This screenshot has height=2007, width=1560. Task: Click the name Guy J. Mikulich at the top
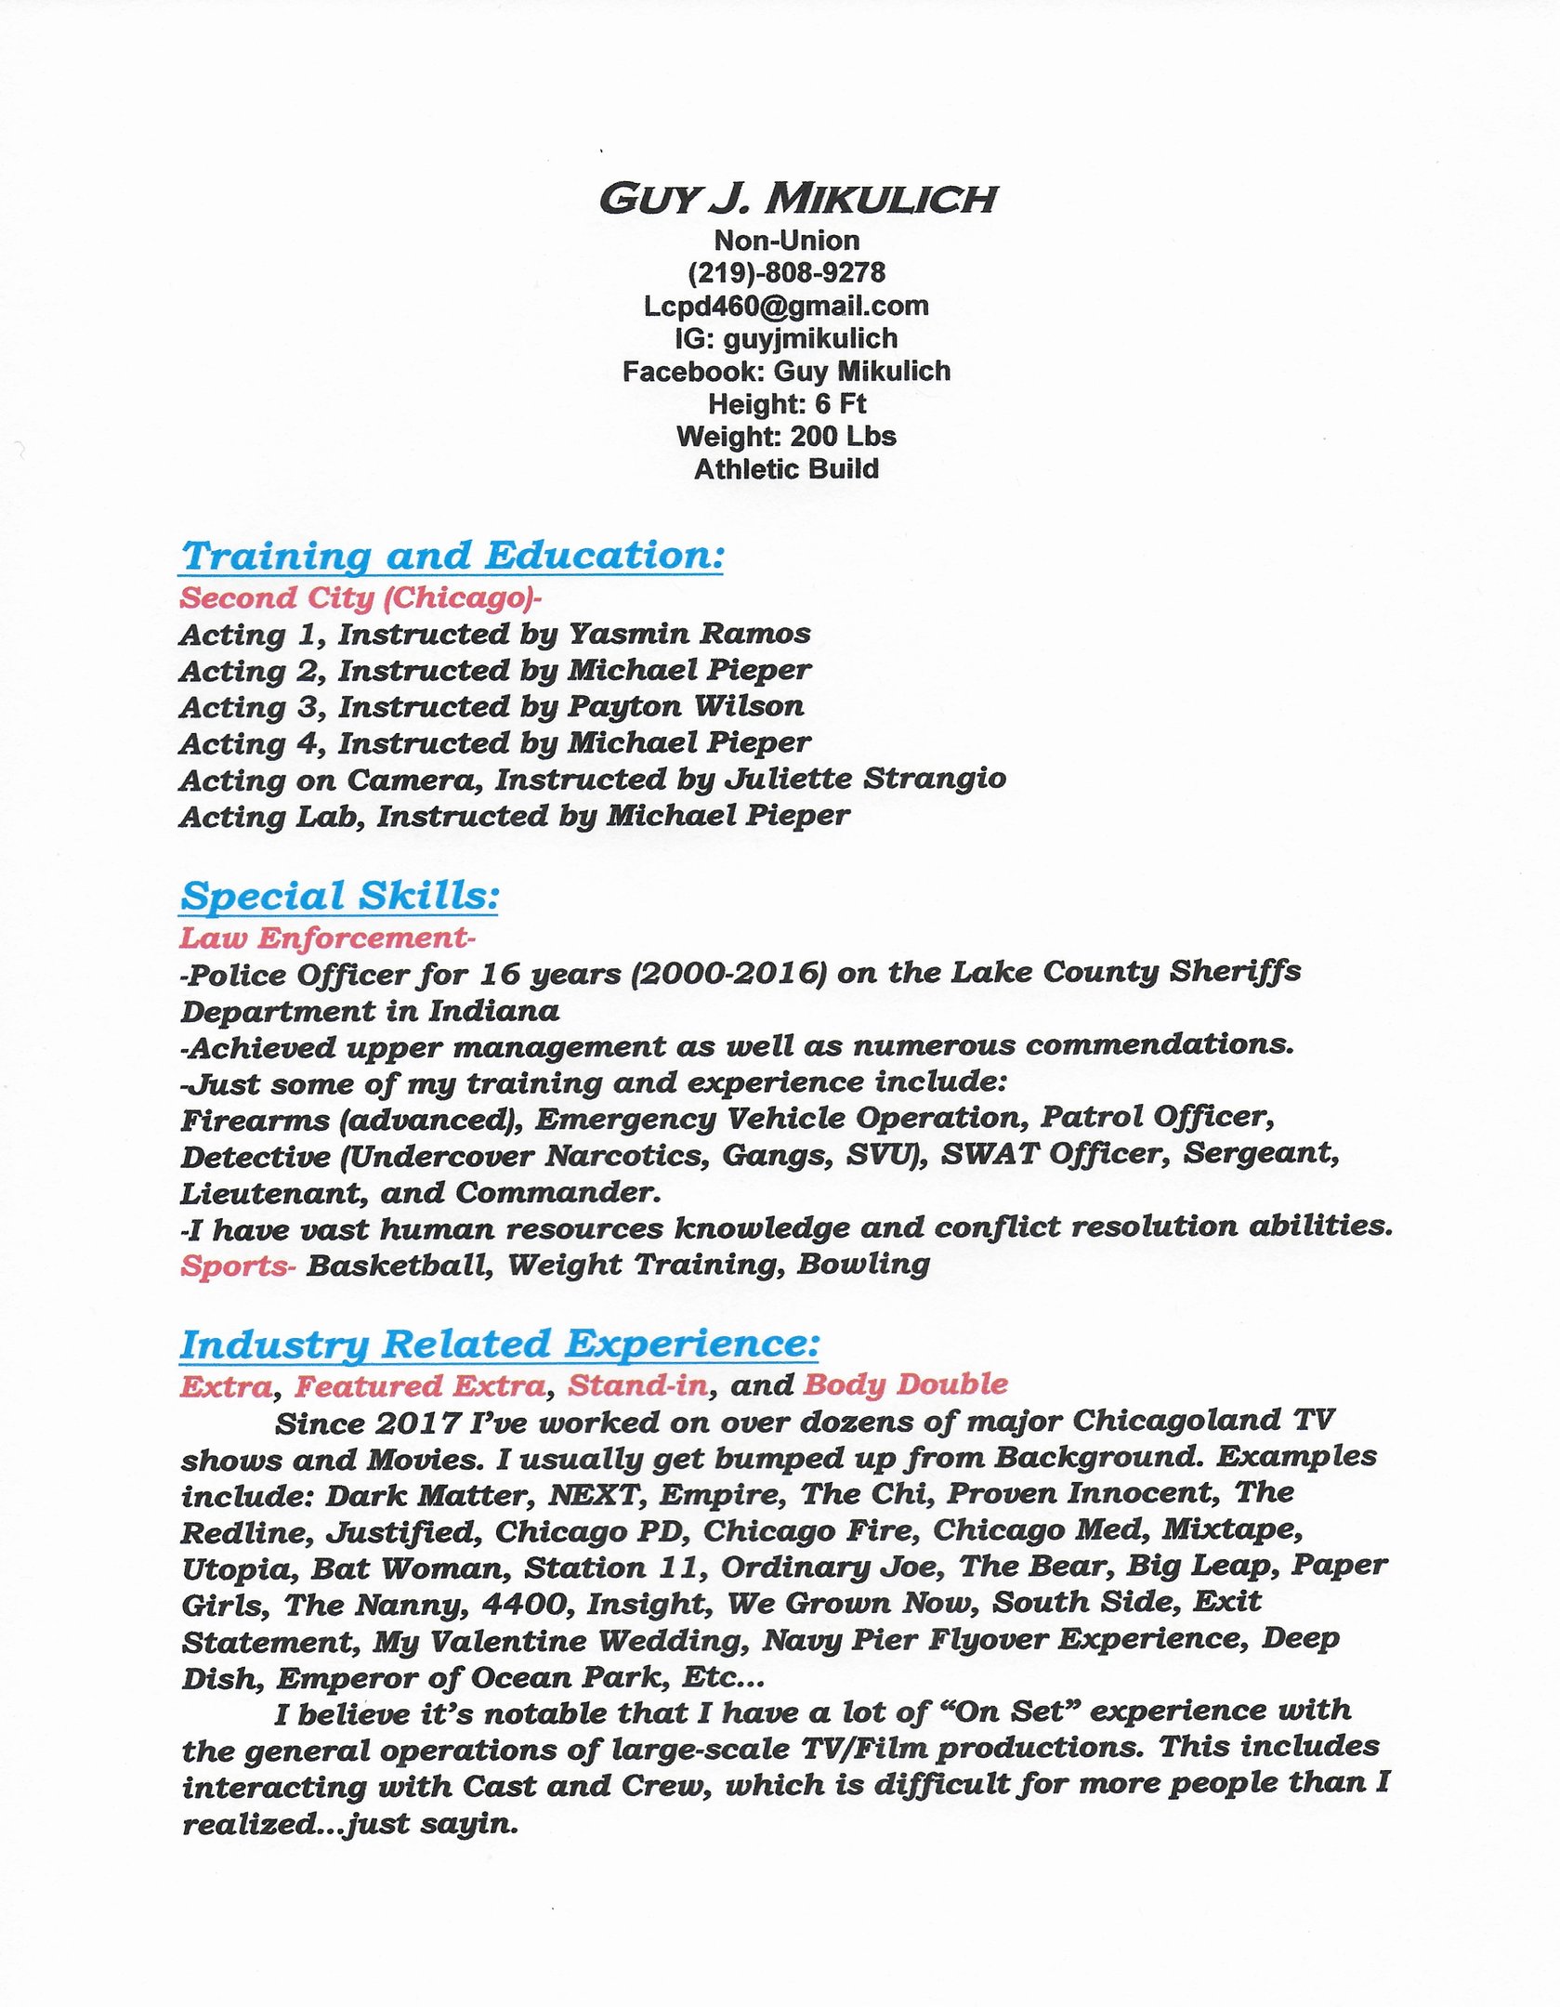coord(797,200)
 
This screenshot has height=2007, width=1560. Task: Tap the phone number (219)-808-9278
coord(786,273)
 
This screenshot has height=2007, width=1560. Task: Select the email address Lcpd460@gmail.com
coord(786,306)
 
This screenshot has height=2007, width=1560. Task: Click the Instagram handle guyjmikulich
coord(810,338)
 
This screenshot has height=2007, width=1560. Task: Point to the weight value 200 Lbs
coord(843,436)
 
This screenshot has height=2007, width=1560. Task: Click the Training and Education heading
coord(452,556)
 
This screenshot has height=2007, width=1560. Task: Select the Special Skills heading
coord(340,896)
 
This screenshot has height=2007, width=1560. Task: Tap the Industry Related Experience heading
coord(500,1345)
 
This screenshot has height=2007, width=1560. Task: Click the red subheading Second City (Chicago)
coord(361,597)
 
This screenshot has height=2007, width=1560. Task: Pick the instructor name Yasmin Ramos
coord(689,634)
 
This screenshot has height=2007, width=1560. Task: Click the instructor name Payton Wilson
coord(686,706)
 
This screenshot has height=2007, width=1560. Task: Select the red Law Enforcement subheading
coord(327,938)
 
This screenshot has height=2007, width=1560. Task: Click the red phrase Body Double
coord(905,1384)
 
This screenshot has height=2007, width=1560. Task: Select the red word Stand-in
coord(638,1385)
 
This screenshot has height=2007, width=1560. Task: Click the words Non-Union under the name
coord(786,241)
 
